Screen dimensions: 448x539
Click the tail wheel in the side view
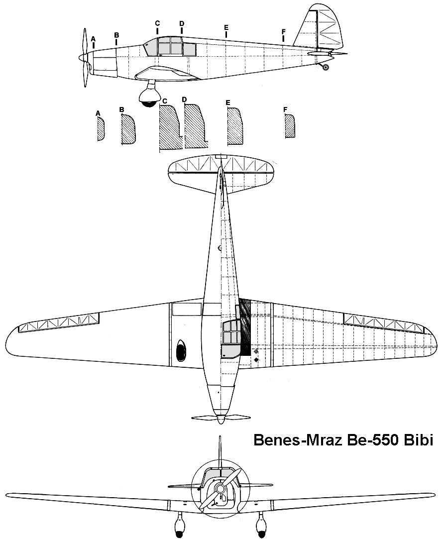click(325, 67)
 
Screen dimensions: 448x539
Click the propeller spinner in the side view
click(83, 57)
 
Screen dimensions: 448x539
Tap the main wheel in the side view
click(149, 99)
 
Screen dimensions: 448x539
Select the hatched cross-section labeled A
click(101, 128)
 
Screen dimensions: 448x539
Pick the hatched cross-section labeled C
click(170, 127)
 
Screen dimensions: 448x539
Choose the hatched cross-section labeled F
click(290, 126)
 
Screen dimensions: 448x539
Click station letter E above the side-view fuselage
click(226, 27)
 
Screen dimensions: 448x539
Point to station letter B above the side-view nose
click(116, 35)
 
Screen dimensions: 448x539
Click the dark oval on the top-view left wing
click(181, 350)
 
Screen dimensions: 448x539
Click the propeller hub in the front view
click(220, 488)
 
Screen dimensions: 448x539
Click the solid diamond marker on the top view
click(256, 359)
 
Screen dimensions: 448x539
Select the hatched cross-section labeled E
click(235, 126)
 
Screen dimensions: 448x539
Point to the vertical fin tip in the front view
click(220, 437)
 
